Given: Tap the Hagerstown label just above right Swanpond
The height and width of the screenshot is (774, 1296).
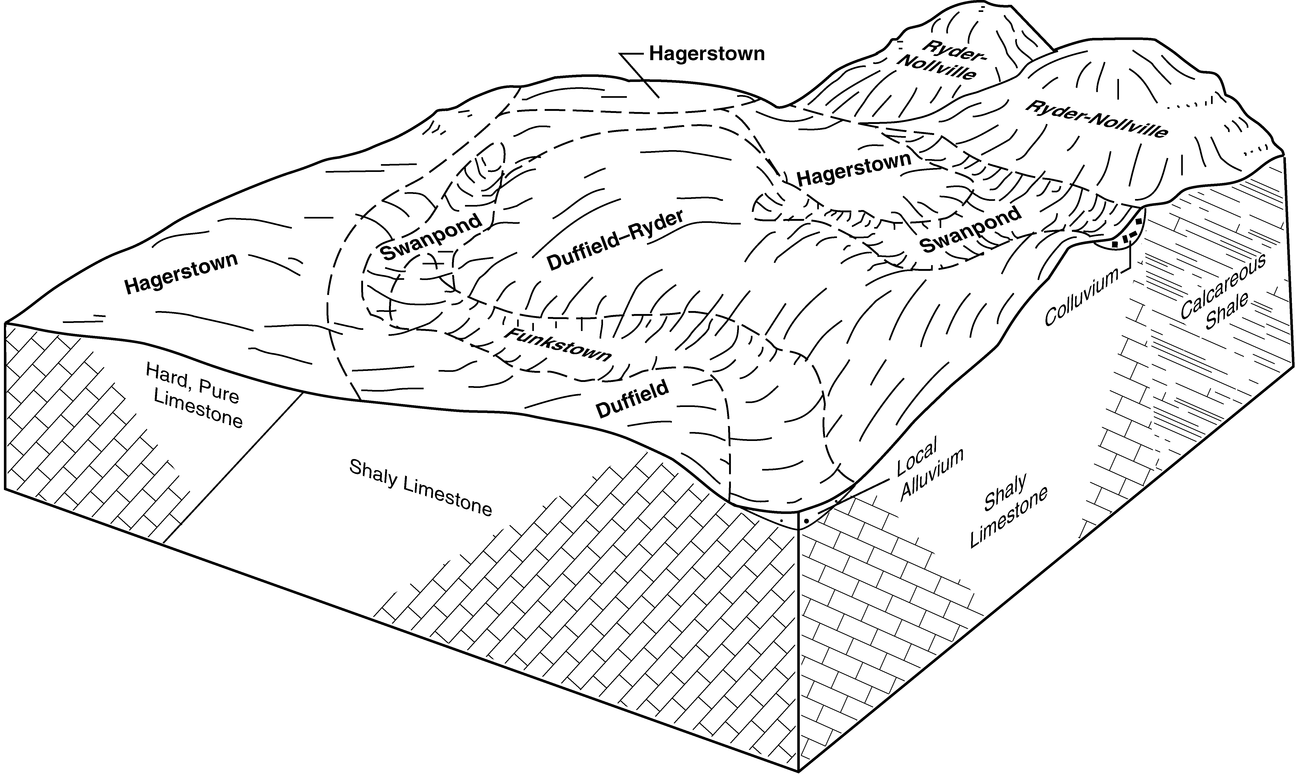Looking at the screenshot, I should coord(854,169).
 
